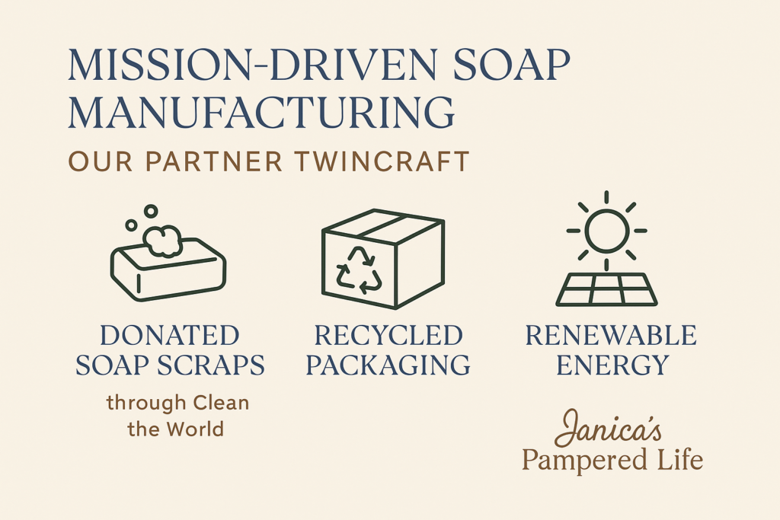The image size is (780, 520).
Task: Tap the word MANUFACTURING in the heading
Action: pos(261,113)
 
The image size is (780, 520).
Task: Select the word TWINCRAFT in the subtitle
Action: pos(382,161)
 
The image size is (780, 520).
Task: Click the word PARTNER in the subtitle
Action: pos(214,161)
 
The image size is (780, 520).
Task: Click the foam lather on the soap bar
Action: pos(162,241)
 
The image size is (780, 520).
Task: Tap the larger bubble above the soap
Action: pos(151,212)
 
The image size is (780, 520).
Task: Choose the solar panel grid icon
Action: pos(606,289)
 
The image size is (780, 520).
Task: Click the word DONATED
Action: pos(170,336)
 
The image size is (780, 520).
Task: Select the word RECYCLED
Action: pos(388,336)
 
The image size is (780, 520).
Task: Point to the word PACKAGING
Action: pos(388,365)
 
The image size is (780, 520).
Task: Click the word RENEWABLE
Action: pos(611,336)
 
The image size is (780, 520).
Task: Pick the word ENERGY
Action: pos(612,365)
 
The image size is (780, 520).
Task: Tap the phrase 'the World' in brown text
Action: pos(176,429)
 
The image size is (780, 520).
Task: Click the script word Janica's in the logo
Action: pos(608,428)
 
